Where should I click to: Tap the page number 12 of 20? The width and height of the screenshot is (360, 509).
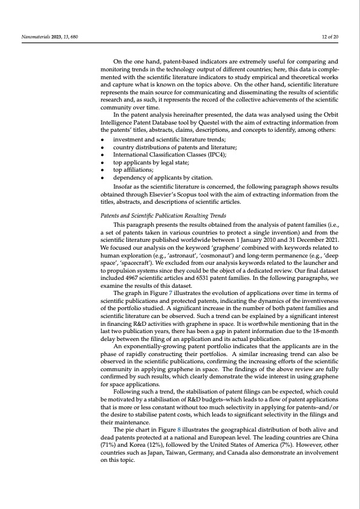coord(330,37)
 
